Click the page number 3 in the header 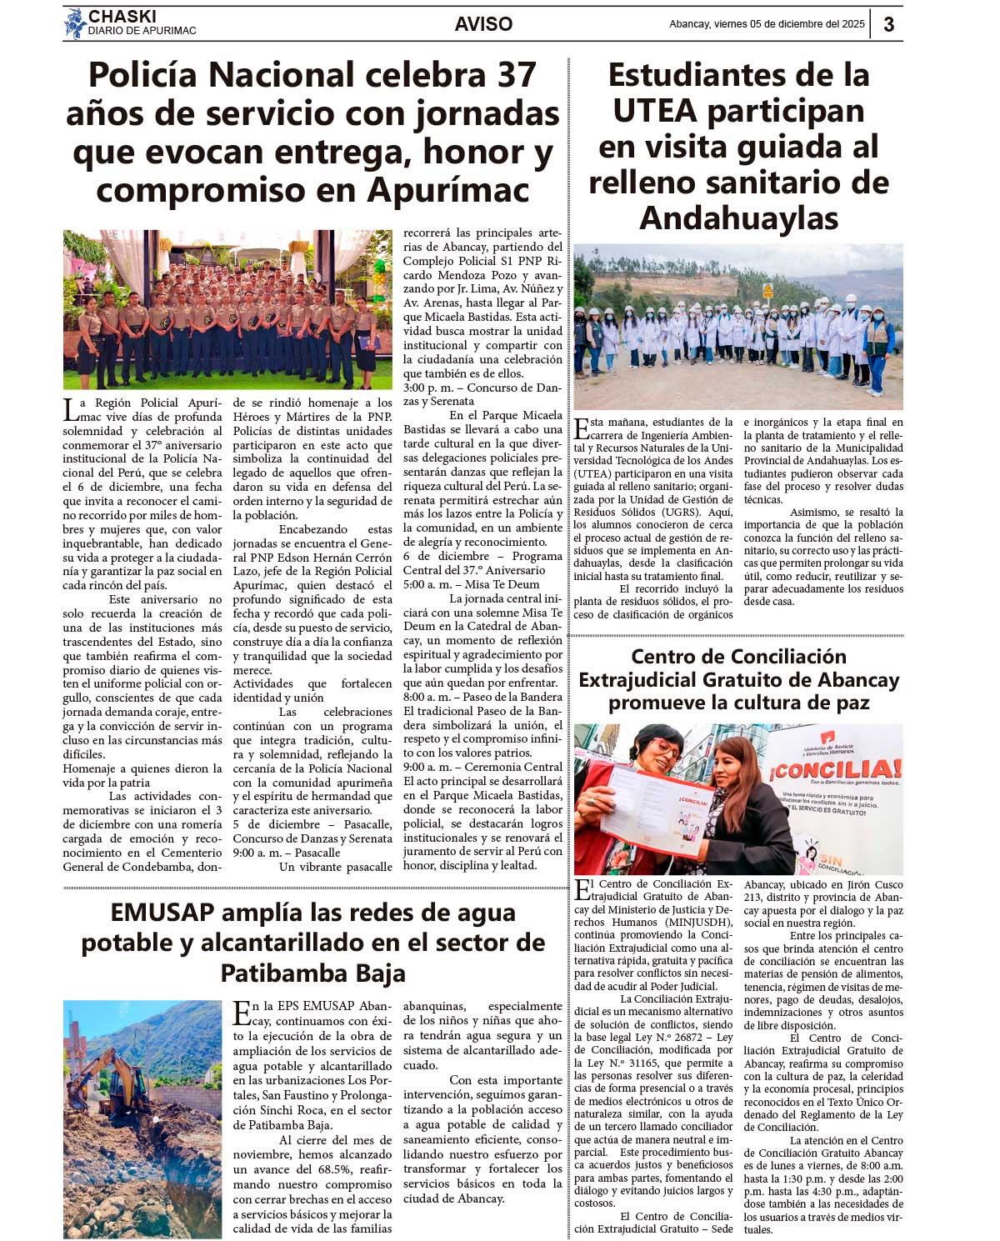[x=888, y=24]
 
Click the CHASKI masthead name [x=122, y=17]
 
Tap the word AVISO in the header [x=483, y=24]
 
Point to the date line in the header [x=767, y=24]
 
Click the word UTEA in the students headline [x=655, y=111]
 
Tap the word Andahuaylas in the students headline [x=738, y=218]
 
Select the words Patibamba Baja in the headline [x=312, y=973]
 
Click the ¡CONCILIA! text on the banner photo [x=835, y=768]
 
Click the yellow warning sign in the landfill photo [x=767, y=291]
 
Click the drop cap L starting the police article [x=70, y=409]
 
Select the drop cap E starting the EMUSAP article [x=242, y=1012]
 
